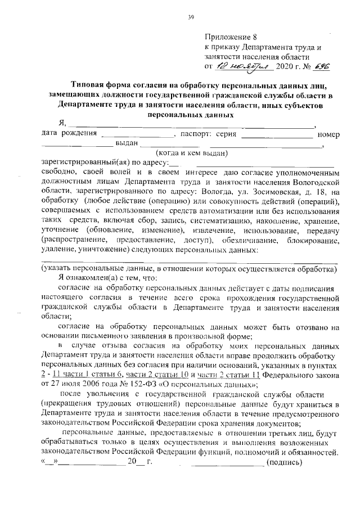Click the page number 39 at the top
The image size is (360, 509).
pos(191,17)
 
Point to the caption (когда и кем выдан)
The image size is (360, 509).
pos(191,152)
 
